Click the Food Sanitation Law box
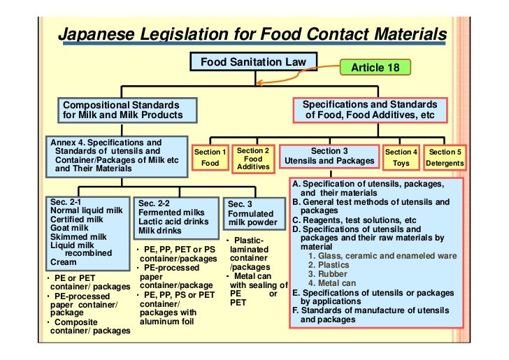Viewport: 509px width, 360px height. point(253,62)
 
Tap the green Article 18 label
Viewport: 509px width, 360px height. point(376,67)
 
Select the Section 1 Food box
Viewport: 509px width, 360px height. point(210,157)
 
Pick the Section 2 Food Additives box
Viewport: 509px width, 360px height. point(252,158)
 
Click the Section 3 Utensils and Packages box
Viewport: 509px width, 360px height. point(328,157)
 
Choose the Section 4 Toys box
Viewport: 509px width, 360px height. point(401,157)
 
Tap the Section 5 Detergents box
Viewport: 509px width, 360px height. point(445,157)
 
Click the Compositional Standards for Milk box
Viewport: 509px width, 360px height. point(122,110)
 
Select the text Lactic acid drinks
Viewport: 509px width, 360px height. point(173,222)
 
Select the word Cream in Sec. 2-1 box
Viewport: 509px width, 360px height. point(63,263)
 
